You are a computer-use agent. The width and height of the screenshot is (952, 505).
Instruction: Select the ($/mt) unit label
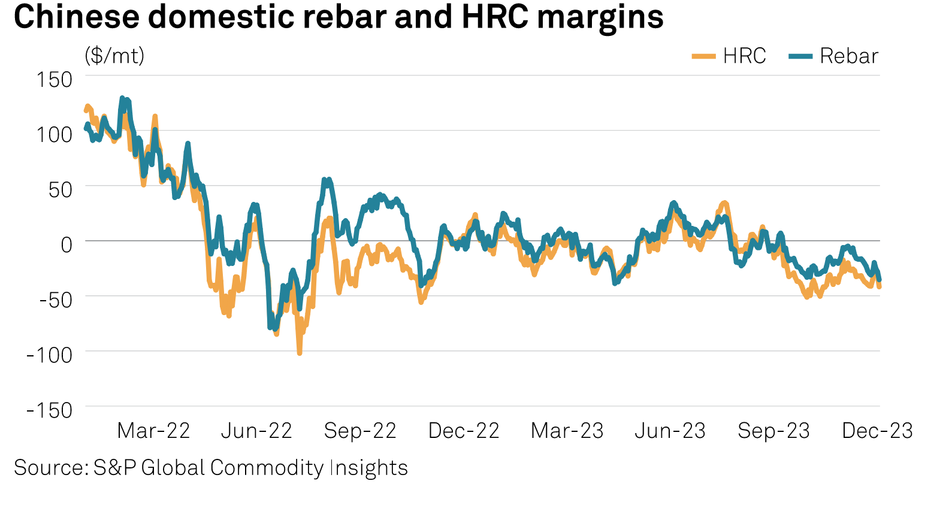pyautogui.click(x=114, y=56)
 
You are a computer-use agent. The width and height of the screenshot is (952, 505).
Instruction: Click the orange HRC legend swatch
pyautogui.click(x=703, y=56)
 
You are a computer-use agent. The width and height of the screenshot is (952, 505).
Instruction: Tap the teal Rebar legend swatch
pyautogui.click(x=800, y=56)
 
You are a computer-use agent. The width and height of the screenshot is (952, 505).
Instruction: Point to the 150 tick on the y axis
pyautogui.click(x=55, y=79)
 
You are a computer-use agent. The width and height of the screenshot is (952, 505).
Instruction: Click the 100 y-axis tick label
pyautogui.click(x=55, y=134)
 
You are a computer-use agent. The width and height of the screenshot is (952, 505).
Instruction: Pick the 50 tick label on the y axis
pyautogui.click(x=60, y=189)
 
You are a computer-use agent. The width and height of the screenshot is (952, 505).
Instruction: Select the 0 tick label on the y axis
pyautogui.click(x=66, y=244)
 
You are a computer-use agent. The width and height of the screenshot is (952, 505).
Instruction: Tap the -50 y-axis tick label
pyautogui.click(x=56, y=300)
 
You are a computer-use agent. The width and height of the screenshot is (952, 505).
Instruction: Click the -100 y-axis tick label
pyautogui.click(x=50, y=355)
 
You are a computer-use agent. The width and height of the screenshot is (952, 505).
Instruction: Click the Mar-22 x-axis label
pyautogui.click(x=153, y=431)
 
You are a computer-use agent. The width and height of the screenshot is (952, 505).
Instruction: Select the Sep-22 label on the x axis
pyautogui.click(x=360, y=431)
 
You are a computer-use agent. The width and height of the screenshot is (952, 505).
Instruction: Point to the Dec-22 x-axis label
pyautogui.click(x=464, y=431)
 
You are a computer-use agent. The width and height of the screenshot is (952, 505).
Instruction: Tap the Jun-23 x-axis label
pyautogui.click(x=670, y=431)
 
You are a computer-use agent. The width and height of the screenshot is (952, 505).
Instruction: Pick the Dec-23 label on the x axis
pyautogui.click(x=877, y=431)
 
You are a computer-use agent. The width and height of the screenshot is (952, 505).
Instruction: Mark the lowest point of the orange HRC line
pyautogui.click(x=300, y=353)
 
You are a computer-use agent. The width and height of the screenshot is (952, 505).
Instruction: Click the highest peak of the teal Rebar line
pyautogui.click(x=122, y=98)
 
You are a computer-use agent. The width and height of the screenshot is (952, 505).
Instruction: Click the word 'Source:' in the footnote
pyautogui.click(x=51, y=468)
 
